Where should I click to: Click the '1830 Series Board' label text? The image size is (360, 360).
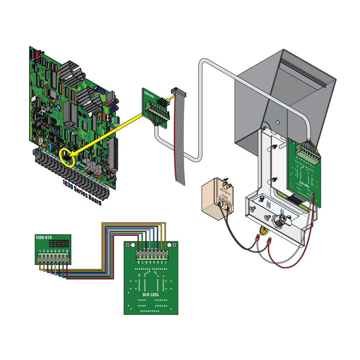click(82, 193)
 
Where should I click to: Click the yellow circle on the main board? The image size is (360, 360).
click(67, 157)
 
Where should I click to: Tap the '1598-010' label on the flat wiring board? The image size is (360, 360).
click(43, 238)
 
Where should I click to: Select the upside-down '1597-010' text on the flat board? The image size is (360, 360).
click(150, 294)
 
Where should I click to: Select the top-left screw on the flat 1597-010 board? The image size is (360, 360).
click(129, 245)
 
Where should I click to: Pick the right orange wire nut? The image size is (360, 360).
click(268, 243)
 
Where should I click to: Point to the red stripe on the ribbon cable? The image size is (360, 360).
click(176, 144)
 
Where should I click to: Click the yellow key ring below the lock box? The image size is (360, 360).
click(264, 230)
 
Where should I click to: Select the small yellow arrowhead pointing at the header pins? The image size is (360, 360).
click(172, 95)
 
